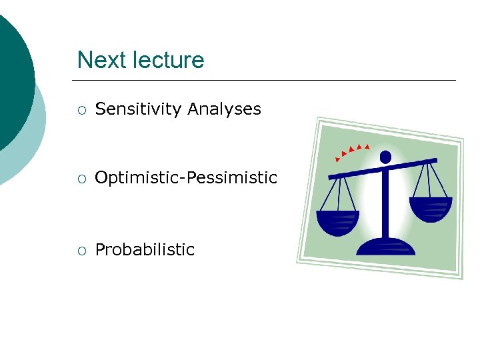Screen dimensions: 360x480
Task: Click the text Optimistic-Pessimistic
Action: pyautogui.click(x=186, y=178)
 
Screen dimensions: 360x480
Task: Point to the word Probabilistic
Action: pyautogui.click(x=145, y=250)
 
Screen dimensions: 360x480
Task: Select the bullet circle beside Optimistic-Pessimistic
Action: pyautogui.click(x=81, y=179)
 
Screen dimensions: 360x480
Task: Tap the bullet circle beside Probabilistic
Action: pyautogui.click(x=81, y=251)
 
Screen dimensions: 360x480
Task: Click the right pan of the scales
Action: pyautogui.click(x=430, y=209)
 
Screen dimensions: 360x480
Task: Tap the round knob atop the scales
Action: pyautogui.click(x=385, y=157)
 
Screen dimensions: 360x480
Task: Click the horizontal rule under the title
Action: pyautogui.click(x=267, y=81)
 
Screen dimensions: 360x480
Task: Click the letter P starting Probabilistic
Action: pyautogui.click(x=100, y=250)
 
